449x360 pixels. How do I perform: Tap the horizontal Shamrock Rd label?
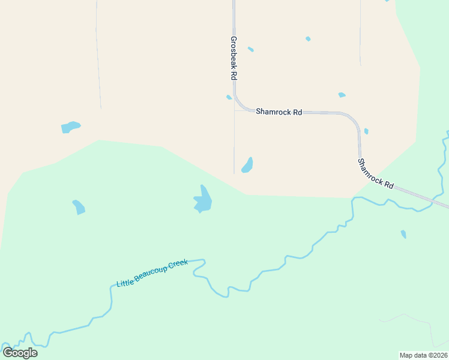point(279,112)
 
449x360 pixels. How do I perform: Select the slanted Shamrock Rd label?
point(375,174)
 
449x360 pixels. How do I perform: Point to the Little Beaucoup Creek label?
point(152,273)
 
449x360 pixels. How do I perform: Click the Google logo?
point(20,352)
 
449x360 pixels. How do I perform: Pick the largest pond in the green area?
point(203,200)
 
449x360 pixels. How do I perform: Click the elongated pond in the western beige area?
point(70,127)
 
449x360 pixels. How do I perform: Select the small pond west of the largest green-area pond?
point(79,207)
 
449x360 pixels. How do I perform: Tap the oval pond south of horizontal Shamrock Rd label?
point(247,165)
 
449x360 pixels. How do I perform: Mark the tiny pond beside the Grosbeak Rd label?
point(250,49)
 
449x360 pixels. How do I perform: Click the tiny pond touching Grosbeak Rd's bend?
point(229,97)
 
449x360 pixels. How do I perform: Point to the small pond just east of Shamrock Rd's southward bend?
point(366,131)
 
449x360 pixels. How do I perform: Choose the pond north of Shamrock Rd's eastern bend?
point(342,95)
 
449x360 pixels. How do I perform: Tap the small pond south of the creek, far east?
point(403,234)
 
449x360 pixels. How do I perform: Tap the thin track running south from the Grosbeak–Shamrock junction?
point(234,144)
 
